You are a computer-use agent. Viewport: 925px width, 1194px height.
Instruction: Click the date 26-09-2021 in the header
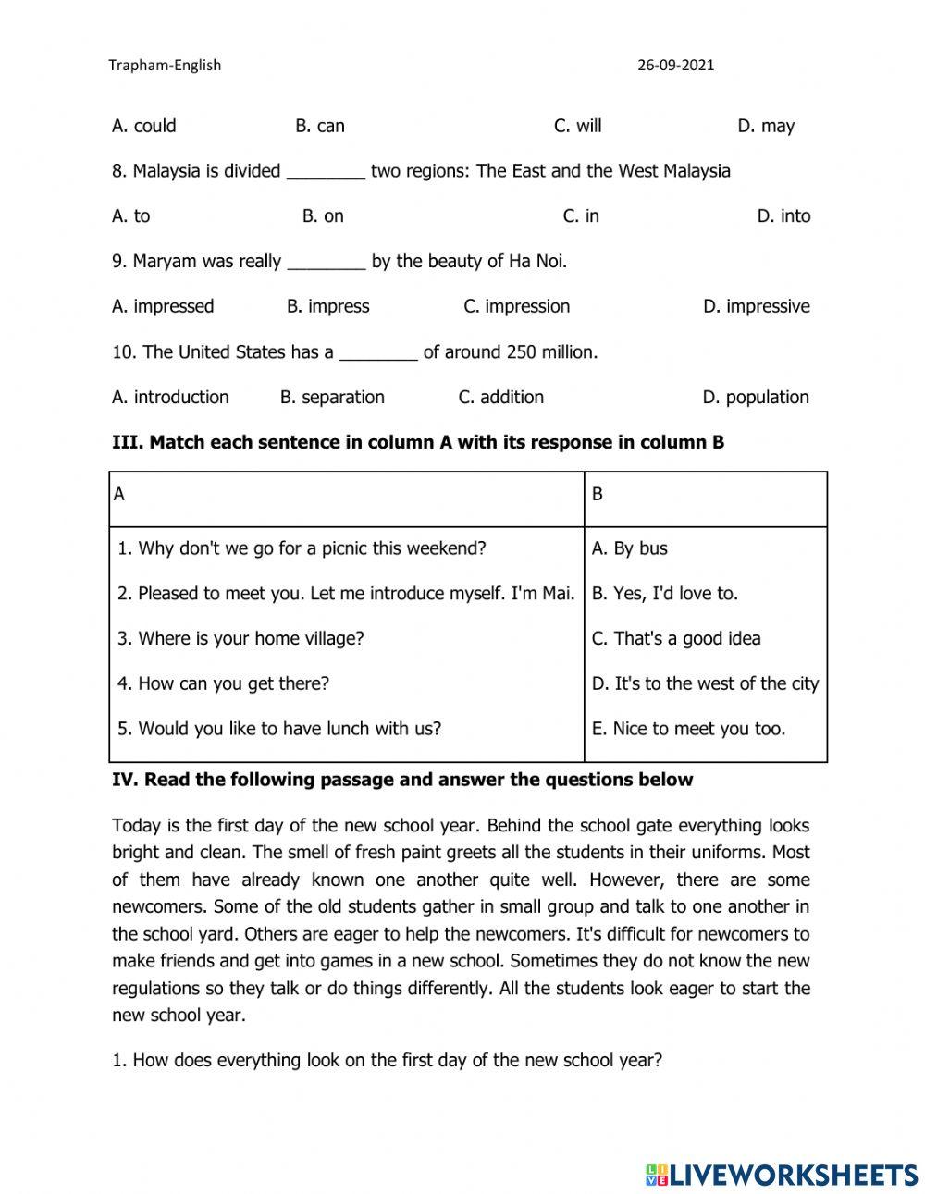675,66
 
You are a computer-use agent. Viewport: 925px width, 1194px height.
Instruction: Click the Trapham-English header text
165,66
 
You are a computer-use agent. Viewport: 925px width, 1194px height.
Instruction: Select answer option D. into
783,216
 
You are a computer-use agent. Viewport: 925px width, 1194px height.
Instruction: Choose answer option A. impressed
163,306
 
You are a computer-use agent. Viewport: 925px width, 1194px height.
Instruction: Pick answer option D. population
756,397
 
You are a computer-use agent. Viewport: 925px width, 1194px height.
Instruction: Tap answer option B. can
320,127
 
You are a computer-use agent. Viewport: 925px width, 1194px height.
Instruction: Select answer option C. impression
516,306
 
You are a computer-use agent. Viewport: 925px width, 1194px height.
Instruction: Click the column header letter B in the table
598,495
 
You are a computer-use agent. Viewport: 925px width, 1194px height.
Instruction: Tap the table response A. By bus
629,548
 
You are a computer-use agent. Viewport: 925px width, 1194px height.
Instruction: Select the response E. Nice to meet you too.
688,729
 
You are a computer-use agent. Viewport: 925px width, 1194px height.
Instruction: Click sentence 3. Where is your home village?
240,638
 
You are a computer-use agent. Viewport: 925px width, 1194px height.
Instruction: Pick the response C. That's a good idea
676,639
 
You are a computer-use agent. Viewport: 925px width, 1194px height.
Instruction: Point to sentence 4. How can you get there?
223,683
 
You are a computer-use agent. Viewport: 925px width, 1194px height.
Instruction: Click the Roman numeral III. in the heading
127,442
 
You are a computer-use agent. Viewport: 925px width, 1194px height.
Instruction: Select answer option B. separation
332,397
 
